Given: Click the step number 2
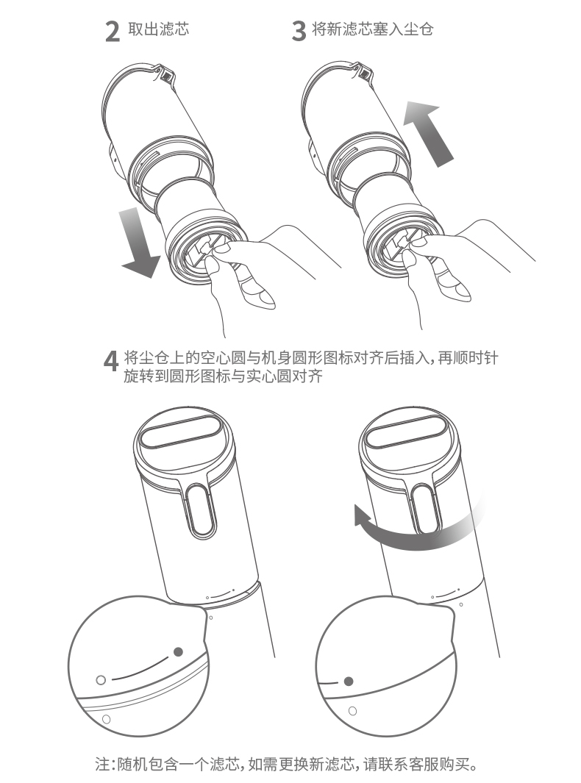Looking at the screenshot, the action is pos(113,32).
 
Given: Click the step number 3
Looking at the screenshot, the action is pos(299,32).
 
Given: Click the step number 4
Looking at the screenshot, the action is pos(111,360).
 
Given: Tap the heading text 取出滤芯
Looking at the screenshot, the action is pos(159,29).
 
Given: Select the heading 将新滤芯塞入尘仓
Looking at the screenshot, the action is pos(372,29).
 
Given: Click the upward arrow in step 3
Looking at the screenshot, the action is pos(427,133).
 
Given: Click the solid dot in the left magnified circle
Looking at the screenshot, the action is pos(178,651).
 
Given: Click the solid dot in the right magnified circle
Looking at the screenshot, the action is pos(349,681).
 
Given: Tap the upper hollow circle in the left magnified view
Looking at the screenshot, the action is pos(101,679).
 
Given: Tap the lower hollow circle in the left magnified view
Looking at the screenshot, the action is pos(106,719).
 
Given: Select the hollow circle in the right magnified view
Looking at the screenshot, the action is pos(352,711).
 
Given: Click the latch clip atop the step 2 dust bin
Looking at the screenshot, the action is pos(165,74).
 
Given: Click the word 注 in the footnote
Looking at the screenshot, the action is pos(102,765).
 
